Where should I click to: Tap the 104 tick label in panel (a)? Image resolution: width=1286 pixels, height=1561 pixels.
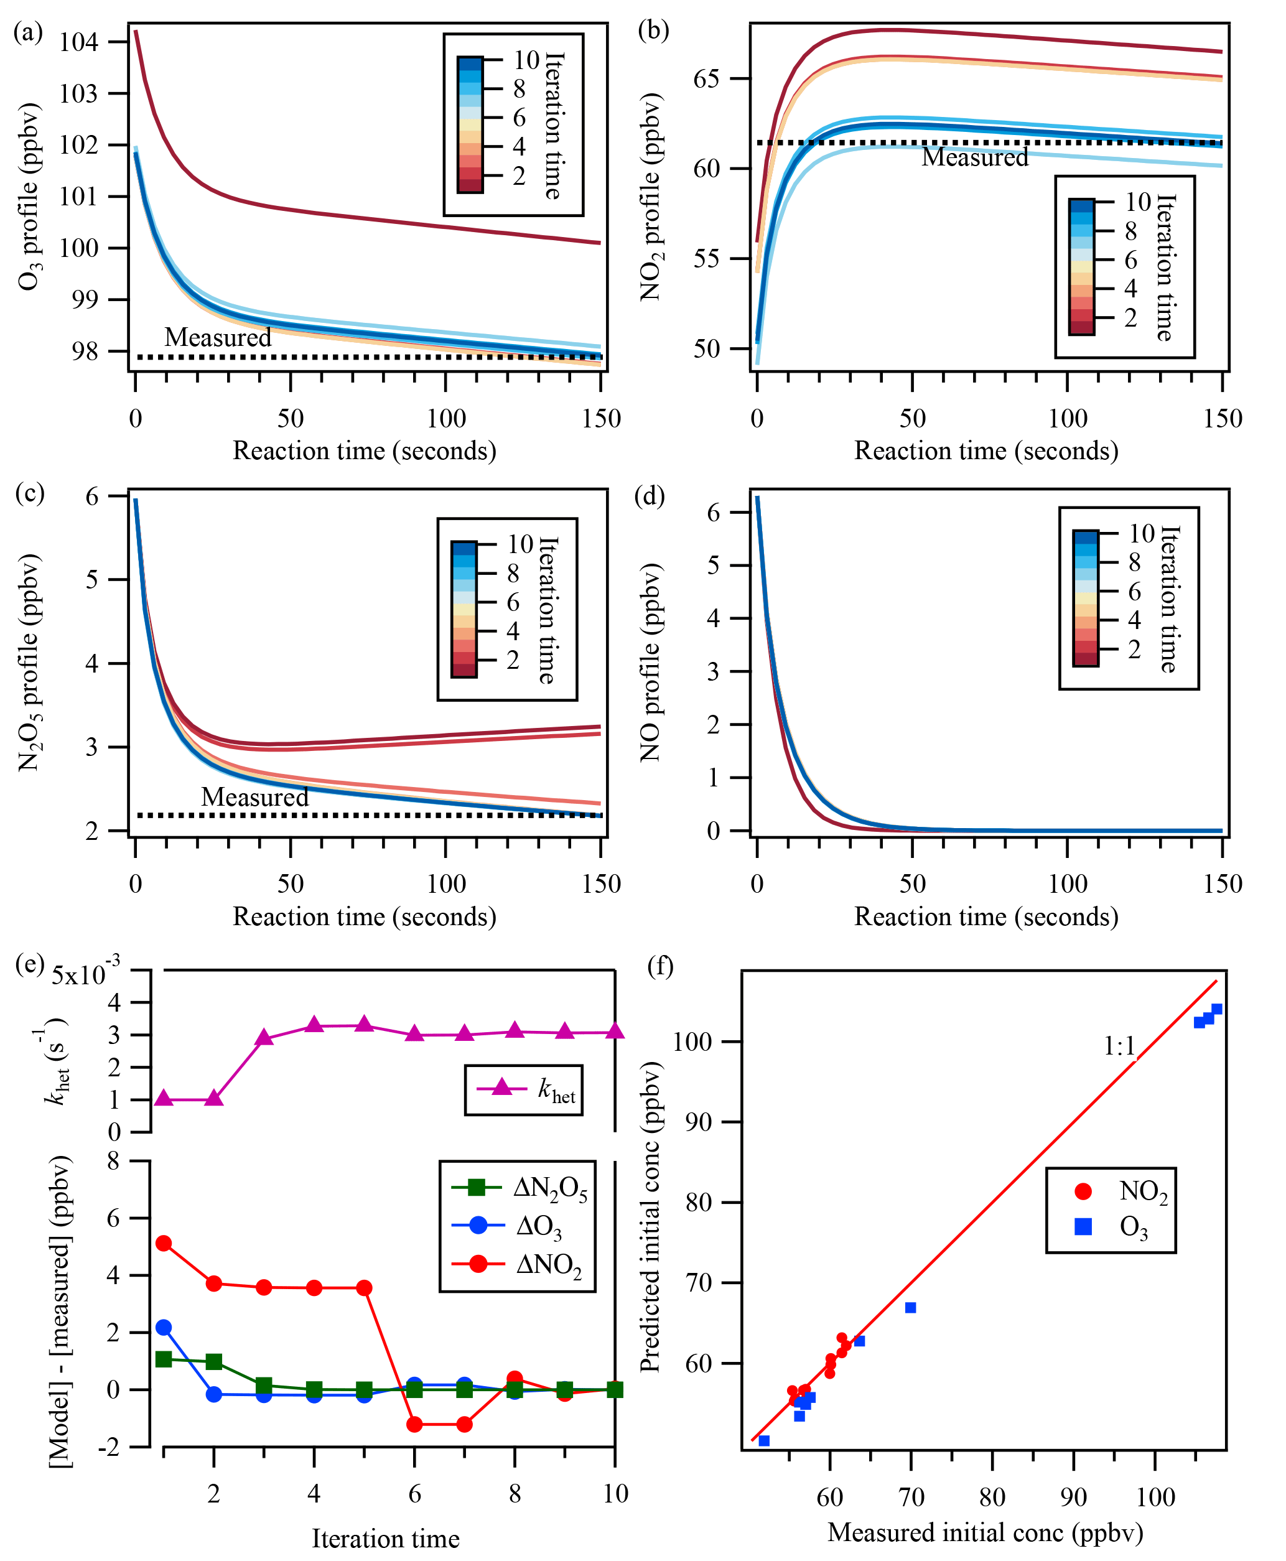78,42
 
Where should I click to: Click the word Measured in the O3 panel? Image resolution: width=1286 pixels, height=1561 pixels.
218,337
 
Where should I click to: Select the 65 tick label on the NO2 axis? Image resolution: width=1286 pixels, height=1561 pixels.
706,78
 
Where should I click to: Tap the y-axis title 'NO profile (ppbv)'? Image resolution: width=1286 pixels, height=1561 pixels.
650,663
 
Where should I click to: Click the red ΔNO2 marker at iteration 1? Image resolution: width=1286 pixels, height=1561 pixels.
164,1243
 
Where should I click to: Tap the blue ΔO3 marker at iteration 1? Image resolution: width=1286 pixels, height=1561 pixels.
164,1327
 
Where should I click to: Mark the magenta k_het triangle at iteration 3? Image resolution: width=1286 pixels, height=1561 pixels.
264,1037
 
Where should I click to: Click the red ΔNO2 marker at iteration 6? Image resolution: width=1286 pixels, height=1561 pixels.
415,1424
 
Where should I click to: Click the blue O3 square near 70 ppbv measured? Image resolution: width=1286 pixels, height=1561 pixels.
910,1308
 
